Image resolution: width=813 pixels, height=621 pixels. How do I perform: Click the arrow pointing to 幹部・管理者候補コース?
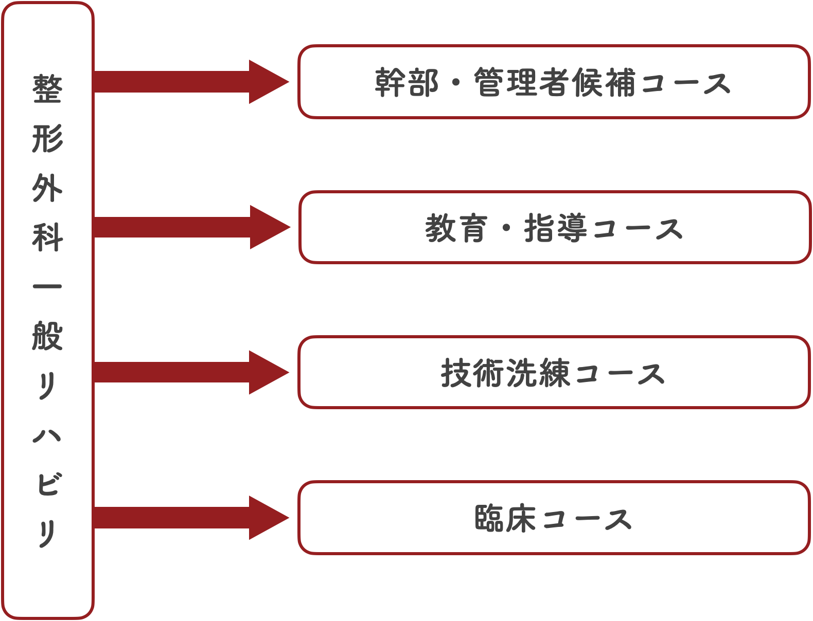[190, 82]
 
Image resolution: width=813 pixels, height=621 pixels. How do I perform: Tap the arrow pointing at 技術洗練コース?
[190, 372]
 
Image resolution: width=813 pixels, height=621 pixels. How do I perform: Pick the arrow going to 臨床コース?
[190, 518]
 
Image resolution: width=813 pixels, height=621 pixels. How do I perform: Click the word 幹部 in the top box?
[406, 83]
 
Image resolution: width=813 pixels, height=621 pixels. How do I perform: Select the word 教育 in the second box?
[456, 228]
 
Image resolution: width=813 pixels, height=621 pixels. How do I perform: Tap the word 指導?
[556, 228]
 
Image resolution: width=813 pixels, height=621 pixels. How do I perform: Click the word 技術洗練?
[505, 373]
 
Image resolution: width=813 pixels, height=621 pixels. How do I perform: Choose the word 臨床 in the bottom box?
[505, 518]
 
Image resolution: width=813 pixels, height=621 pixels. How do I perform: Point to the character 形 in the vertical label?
[47, 139]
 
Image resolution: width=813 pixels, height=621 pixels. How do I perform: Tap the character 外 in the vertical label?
[47, 188]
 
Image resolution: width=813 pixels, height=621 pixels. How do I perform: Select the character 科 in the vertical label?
[47, 238]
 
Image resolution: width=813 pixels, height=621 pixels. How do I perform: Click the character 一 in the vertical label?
[47, 286]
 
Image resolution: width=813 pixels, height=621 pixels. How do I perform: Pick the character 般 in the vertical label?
[47, 336]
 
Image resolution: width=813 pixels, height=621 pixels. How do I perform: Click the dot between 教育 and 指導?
[506, 227]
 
